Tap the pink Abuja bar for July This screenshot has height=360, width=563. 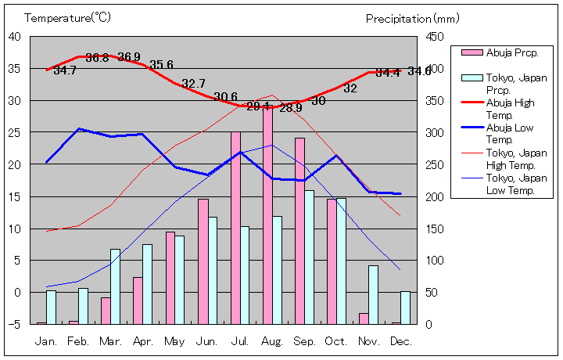click(x=235, y=228)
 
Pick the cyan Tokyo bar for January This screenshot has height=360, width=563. click(x=52, y=307)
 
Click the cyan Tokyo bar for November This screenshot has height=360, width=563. click(x=374, y=294)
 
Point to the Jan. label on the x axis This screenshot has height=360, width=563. click(x=47, y=341)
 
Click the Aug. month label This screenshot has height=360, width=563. click(x=272, y=341)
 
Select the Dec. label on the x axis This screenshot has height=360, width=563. click(x=400, y=341)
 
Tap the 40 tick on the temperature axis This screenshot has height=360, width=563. click(x=15, y=36)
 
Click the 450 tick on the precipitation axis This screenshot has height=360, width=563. click(x=435, y=36)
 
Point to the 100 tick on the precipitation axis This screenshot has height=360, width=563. click(x=435, y=260)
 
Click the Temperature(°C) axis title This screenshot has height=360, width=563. click(x=69, y=17)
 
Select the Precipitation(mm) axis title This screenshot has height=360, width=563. click(x=412, y=18)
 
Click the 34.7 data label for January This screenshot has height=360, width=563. click(x=65, y=70)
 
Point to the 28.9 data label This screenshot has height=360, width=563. click(x=290, y=108)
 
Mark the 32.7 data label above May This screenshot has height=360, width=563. click(x=193, y=84)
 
